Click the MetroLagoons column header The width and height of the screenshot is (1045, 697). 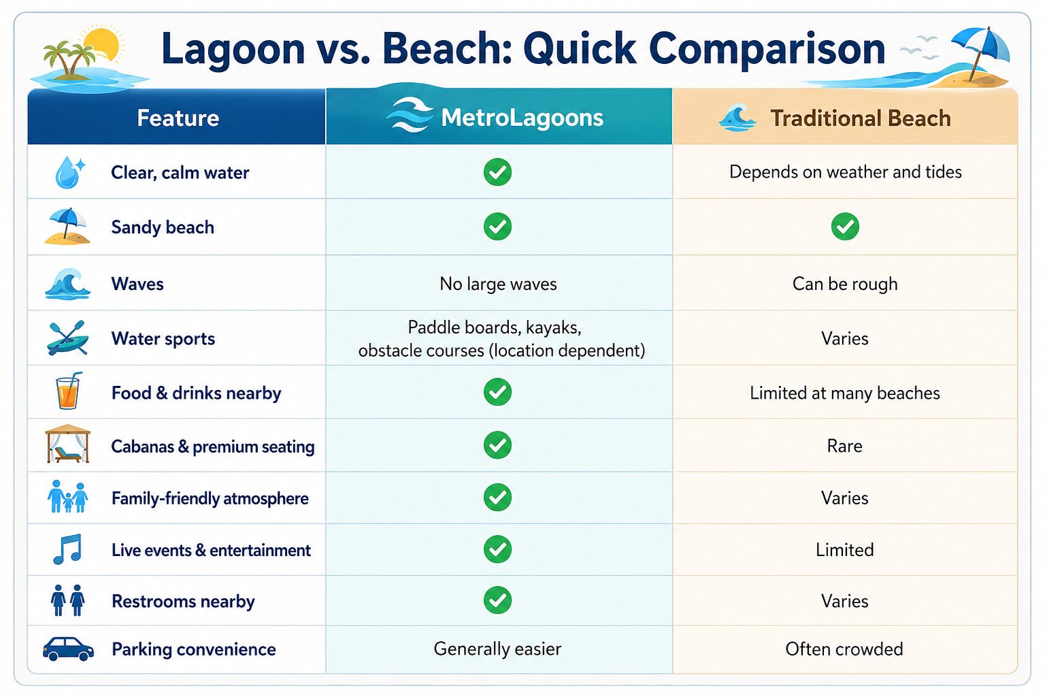coord(499,116)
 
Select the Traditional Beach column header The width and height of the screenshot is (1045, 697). coord(845,116)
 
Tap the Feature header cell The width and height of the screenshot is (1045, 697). coord(177,116)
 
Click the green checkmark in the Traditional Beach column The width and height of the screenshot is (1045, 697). coord(845,227)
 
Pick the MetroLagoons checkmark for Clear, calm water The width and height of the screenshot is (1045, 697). coord(497,172)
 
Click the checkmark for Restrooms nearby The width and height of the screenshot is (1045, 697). coord(497,600)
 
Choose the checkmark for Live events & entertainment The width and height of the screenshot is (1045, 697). coord(497,549)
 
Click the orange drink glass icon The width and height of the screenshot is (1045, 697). coord(68,391)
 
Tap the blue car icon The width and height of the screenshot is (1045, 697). coord(68,649)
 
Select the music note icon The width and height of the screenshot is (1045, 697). coord(67,549)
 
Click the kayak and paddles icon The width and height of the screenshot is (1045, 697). coord(67,338)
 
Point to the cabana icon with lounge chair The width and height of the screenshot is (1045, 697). coord(67,444)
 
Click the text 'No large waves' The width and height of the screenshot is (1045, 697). coord(498,284)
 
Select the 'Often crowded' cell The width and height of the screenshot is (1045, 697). coord(844,649)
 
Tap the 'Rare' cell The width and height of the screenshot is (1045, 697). coord(844,446)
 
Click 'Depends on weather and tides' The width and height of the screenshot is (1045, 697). coord(846,172)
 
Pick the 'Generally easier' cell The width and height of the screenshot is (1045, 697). coord(497,649)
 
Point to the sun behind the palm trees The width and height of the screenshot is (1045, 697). coord(103,44)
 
